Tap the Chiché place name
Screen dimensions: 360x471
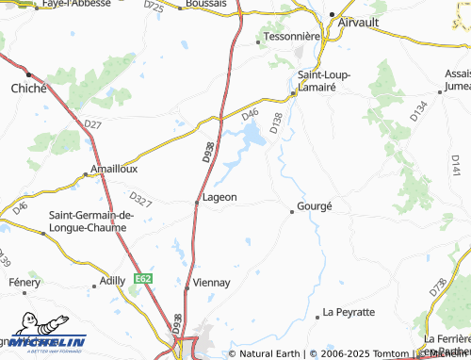(x=26, y=88)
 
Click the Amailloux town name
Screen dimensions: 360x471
(x=113, y=170)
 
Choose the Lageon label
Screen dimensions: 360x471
(x=220, y=198)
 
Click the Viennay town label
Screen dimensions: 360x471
(x=212, y=282)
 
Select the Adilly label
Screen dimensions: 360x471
(x=112, y=281)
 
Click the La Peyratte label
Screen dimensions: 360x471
(x=349, y=311)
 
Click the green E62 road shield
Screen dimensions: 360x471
(x=143, y=279)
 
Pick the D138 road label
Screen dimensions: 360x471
(x=276, y=123)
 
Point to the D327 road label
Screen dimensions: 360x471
(x=140, y=199)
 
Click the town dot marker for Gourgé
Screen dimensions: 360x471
(x=292, y=211)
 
